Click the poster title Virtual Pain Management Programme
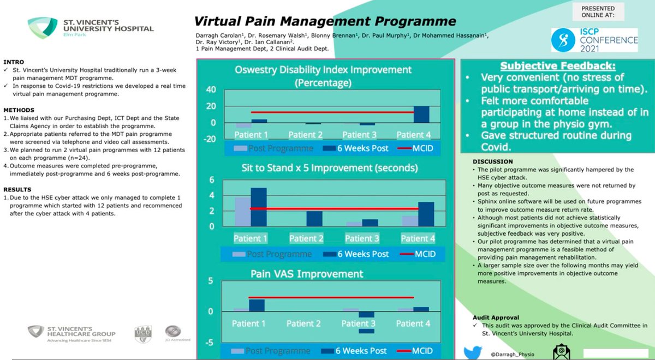(325, 22)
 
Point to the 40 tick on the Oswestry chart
(210, 90)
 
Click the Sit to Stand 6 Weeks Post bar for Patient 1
(259, 207)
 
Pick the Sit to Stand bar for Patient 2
(313, 218)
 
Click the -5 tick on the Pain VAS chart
(209, 343)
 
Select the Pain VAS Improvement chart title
(306, 273)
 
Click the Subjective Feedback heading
(558, 66)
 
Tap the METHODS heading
(19, 110)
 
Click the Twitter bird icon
(473, 352)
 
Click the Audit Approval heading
(496, 317)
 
